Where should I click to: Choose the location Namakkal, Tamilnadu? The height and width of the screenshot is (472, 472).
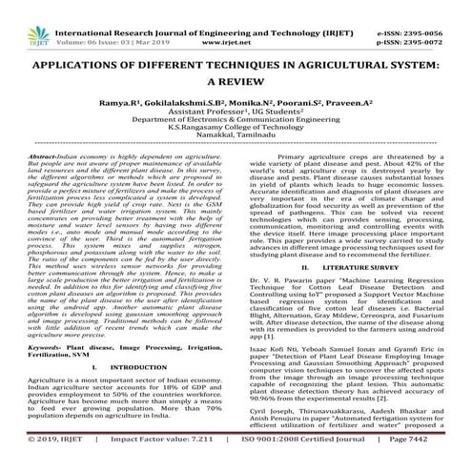[236, 137]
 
